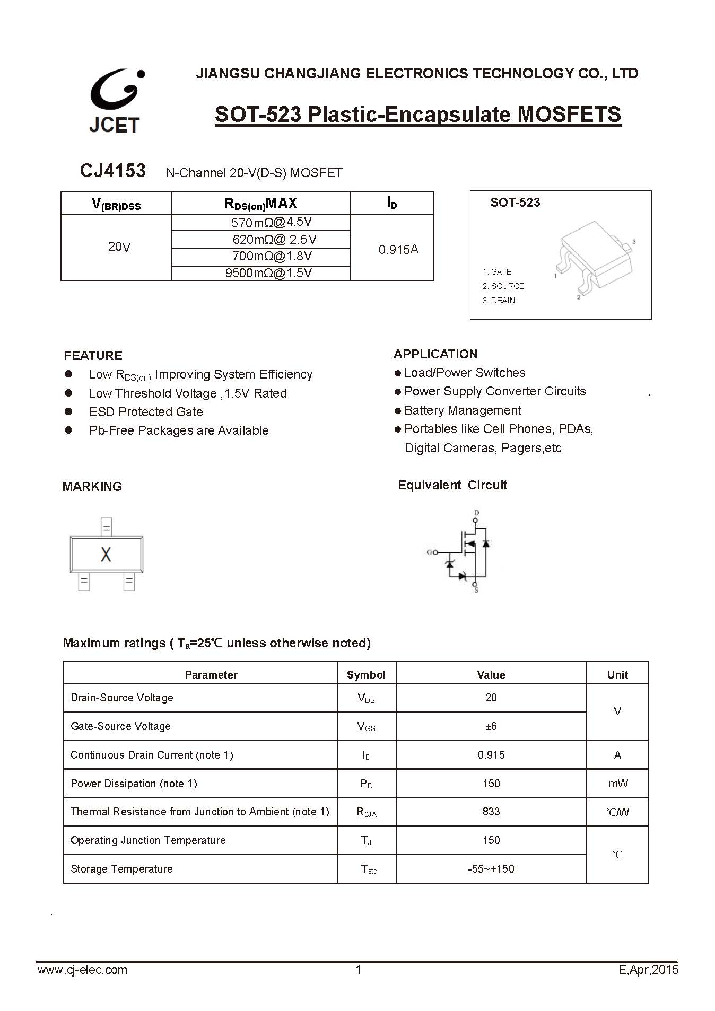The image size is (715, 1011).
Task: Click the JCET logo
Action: pos(116,100)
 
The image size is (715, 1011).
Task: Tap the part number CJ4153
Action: pos(112,171)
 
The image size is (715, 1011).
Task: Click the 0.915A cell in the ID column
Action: pos(398,249)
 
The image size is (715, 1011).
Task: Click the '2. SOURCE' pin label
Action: pos(503,286)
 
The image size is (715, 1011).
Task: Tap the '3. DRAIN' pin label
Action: pos(499,301)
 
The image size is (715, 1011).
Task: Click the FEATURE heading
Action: pos(93,356)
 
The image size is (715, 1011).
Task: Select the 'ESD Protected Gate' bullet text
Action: pos(146,412)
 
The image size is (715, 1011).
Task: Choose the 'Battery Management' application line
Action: pos(463,410)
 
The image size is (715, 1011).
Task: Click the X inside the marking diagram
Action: pos(106,555)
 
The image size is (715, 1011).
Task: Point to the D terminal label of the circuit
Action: pos(476,513)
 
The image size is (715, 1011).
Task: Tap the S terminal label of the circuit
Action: pos(476,590)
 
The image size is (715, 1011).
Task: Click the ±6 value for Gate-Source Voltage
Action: pos(491,726)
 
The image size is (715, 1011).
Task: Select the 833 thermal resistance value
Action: pos(491,812)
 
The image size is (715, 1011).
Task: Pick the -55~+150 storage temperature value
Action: pos(491,869)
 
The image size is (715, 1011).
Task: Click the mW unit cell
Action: pos(617,784)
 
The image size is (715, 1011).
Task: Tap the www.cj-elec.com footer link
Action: pos(82,970)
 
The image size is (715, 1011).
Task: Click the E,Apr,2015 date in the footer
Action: pos(648,970)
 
